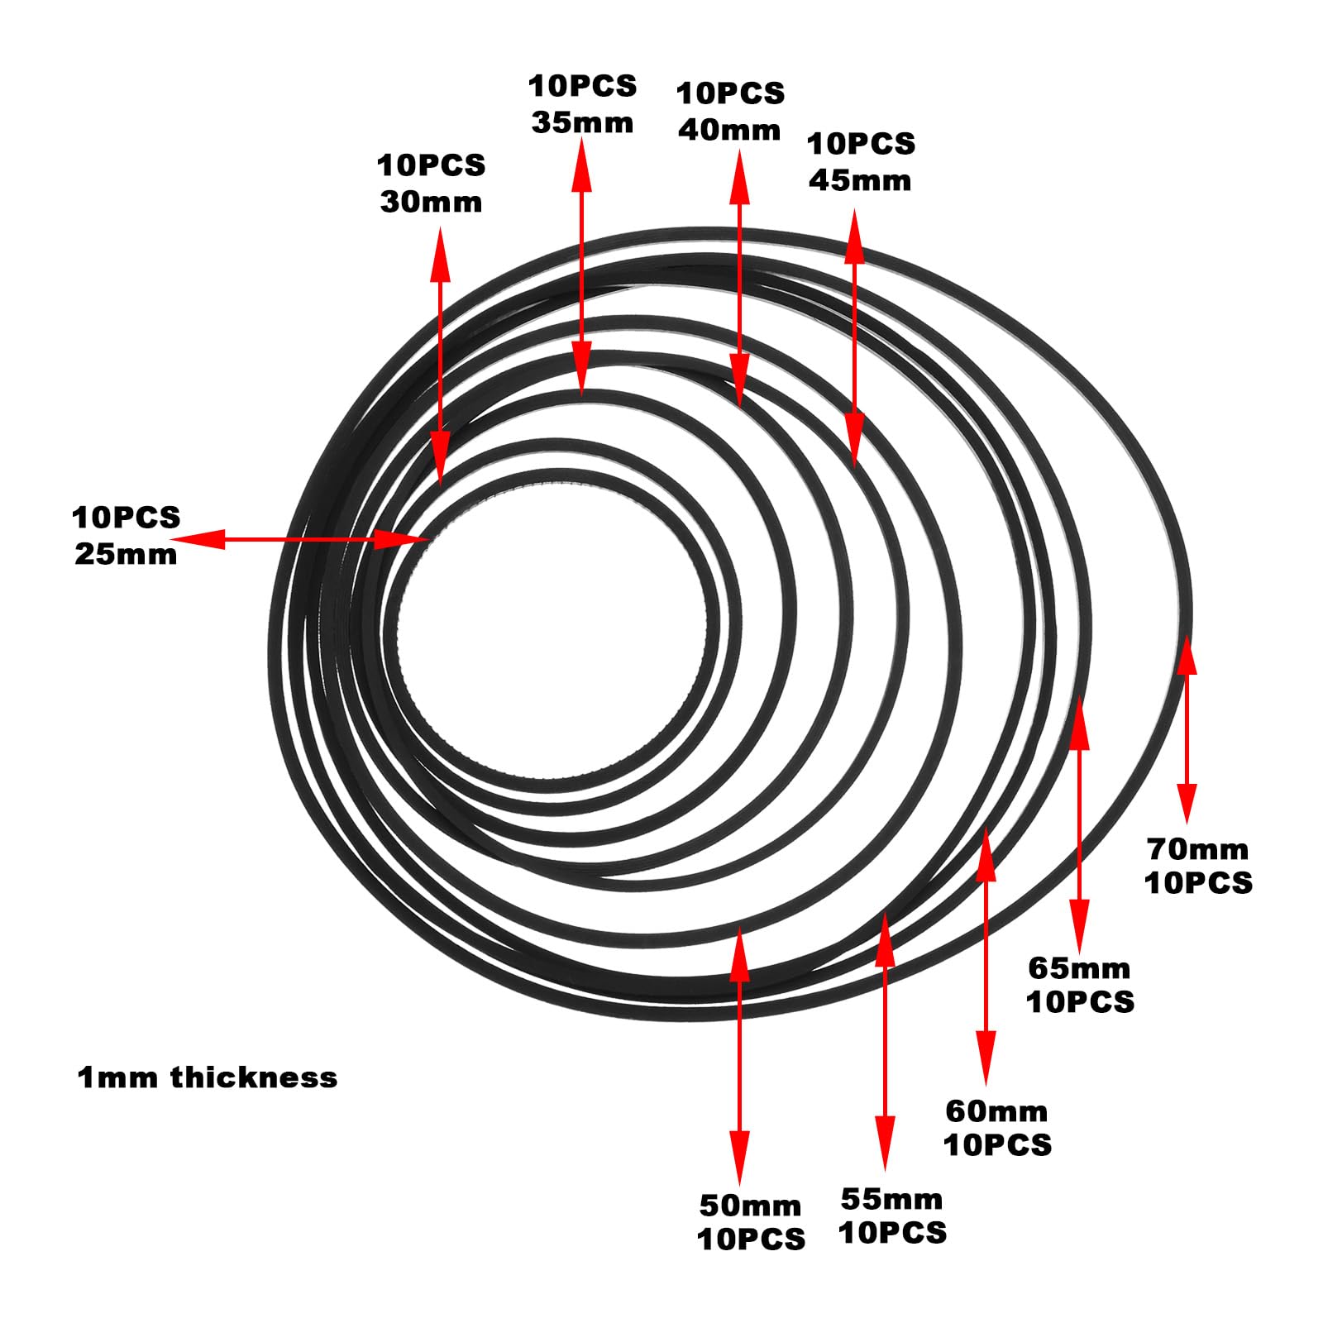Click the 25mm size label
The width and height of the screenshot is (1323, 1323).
tap(126, 554)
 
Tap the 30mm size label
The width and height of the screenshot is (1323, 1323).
tap(431, 202)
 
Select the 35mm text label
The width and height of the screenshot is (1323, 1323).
tap(582, 122)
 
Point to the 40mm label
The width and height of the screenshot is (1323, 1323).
tap(729, 130)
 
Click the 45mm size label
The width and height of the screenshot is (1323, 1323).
tap(860, 180)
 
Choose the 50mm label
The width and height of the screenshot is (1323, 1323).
tap(750, 1206)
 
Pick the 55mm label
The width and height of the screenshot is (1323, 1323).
tap(891, 1199)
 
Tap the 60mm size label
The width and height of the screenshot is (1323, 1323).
tap(996, 1110)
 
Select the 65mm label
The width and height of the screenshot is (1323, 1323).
tap(1079, 967)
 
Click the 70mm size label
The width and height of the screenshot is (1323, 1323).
tap(1197, 848)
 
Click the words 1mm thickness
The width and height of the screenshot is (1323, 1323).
tap(208, 1077)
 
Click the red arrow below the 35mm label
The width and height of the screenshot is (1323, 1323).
tap(582, 266)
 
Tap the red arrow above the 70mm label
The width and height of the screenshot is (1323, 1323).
tap(1187, 729)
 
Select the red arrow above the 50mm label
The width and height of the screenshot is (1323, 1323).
tap(739, 1056)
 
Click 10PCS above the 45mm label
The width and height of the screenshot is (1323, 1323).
tap(861, 144)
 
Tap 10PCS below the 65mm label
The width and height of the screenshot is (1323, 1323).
tap(1080, 1002)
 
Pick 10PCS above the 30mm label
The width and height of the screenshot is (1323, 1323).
tap(431, 165)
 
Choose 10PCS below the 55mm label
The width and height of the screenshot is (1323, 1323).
tap(892, 1233)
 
